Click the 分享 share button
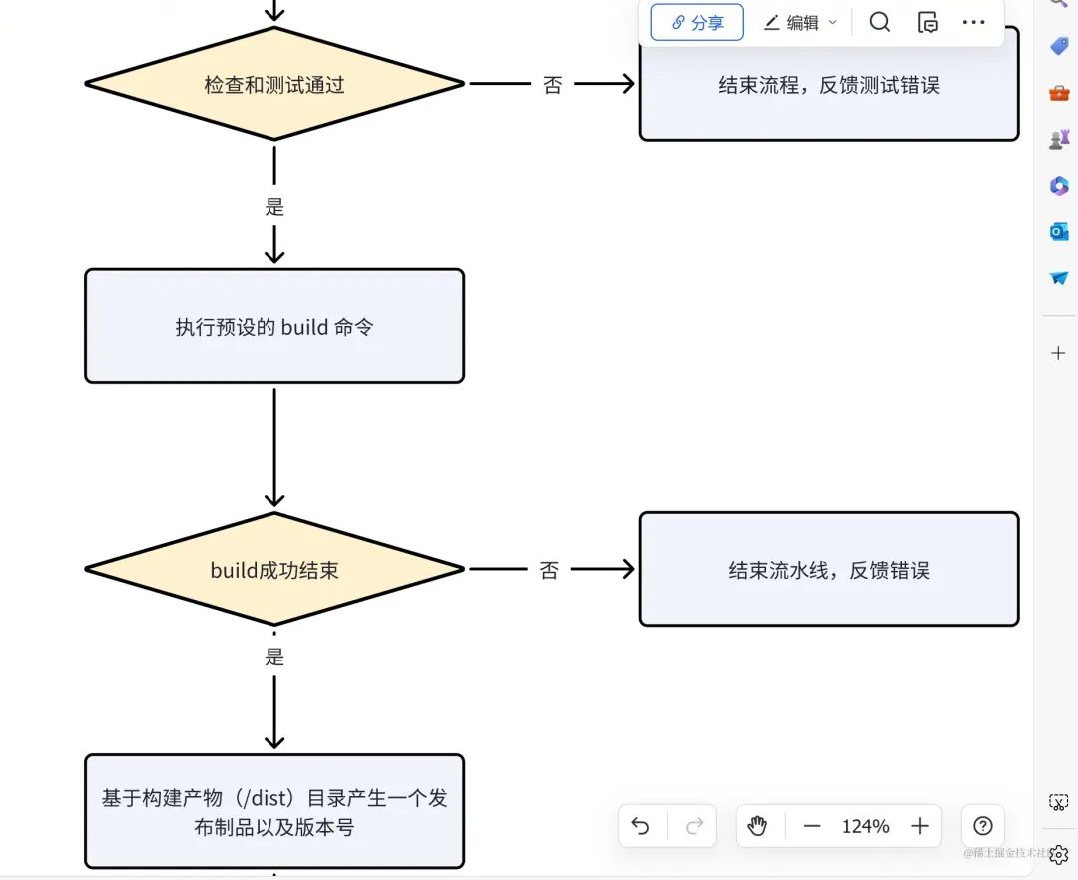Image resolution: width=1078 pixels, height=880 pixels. [697, 22]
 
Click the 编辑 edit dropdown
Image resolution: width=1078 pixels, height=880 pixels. [801, 22]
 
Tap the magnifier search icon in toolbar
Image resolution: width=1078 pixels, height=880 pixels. [879, 22]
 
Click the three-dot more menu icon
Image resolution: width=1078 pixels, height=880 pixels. [973, 22]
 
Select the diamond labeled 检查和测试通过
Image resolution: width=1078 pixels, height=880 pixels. [274, 85]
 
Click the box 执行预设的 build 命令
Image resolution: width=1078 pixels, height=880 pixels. [274, 326]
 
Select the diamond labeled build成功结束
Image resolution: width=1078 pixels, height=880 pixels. [274, 570]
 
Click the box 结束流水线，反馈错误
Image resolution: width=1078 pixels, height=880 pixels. [828, 570]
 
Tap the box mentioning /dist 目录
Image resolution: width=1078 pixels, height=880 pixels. [274, 812]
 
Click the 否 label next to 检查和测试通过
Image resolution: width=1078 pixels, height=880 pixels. [552, 85]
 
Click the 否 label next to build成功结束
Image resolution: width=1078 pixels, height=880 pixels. [549, 570]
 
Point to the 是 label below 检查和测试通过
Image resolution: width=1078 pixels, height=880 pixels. [274, 207]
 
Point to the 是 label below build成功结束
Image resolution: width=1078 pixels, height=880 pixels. [274, 658]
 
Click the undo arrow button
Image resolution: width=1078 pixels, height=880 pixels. [641, 826]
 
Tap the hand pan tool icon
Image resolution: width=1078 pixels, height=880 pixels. [757, 826]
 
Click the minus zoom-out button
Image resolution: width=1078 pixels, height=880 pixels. [811, 826]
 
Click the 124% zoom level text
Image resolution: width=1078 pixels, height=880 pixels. [865, 826]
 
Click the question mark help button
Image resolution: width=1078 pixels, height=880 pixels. [982, 826]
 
